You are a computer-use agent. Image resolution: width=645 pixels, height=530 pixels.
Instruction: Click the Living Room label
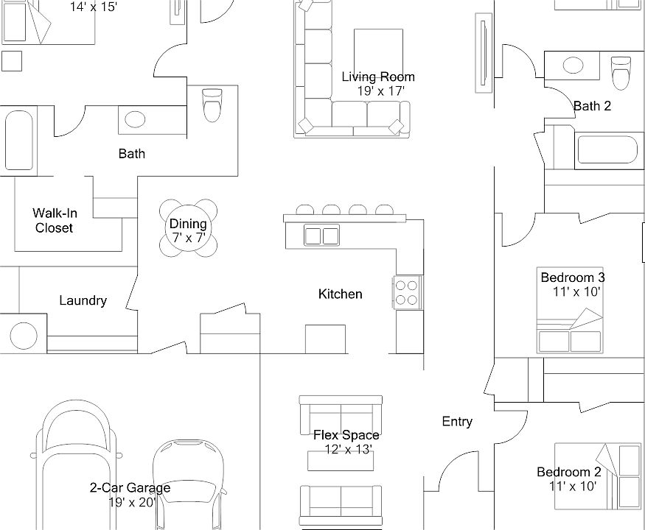pyautogui.click(x=378, y=77)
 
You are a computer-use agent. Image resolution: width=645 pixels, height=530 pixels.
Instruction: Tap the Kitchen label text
pyautogui.click(x=340, y=294)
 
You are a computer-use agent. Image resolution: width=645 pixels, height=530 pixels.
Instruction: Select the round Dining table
pyautogui.click(x=189, y=228)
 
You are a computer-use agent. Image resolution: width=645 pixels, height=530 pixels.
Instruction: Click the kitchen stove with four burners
pyautogui.click(x=407, y=291)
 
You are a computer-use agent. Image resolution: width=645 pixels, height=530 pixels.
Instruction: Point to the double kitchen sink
pyautogui.click(x=321, y=236)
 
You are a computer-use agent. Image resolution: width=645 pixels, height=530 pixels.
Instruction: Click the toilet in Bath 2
pyautogui.click(x=621, y=72)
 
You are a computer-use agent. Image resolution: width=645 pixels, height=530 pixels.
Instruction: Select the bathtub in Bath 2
pyautogui.click(x=606, y=149)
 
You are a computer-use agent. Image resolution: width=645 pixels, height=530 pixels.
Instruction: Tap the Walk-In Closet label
pyautogui.click(x=55, y=221)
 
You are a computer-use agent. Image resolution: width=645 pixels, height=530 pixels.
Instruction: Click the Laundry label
pyautogui.click(x=83, y=300)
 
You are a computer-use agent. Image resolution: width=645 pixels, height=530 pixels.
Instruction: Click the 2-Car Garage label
pyautogui.click(x=130, y=487)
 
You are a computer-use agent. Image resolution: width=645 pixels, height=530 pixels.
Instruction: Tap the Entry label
pyautogui.click(x=457, y=422)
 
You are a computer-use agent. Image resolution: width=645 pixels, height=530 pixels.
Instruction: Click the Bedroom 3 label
pyautogui.click(x=573, y=278)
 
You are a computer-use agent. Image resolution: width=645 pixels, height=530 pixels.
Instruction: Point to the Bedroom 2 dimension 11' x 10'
pyautogui.click(x=573, y=486)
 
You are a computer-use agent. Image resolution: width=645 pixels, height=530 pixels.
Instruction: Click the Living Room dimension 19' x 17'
pyautogui.click(x=381, y=91)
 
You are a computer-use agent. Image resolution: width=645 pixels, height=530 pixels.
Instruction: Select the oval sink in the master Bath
pyautogui.click(x=135, y=119)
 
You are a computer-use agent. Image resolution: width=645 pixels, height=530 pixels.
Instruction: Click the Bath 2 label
pyautogui.click(x=592, y=106)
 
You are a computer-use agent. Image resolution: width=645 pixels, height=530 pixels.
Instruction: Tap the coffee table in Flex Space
pyautogui.click(x=340, y=459)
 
